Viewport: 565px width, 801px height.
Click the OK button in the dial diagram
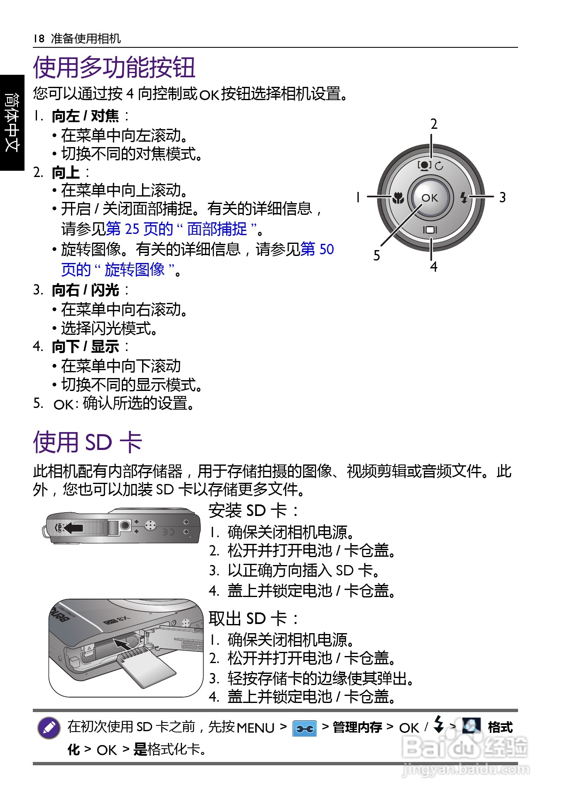(x=430, y=198)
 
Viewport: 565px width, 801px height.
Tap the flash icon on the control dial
(x=464, y=197)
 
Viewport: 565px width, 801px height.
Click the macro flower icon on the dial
(x=398, y=198)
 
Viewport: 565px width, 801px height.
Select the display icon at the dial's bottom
(x=430, y=230)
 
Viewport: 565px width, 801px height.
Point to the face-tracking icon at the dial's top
(x=425, y=165)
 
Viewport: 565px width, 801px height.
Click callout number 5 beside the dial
(x=376, y=255)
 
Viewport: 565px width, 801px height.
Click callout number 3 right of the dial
(x=502, y=197)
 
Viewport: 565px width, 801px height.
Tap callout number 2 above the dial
(x=434, y=124)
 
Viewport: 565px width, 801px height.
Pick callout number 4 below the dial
(x=434, y=266)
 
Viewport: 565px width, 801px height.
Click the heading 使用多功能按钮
(x=114, y=67)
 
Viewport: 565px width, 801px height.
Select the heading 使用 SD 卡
(x=88, y=442)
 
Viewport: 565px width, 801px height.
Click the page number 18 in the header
(x=39, y=39)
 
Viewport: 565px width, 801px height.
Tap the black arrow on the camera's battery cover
(x=74, y=528)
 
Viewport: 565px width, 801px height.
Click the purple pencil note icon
(x=49, y=728)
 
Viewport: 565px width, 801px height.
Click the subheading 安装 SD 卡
(x=253, y=511)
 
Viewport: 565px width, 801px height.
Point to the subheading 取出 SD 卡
(x=253, y=619)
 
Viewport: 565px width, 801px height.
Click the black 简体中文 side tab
(x=12, y=123)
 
